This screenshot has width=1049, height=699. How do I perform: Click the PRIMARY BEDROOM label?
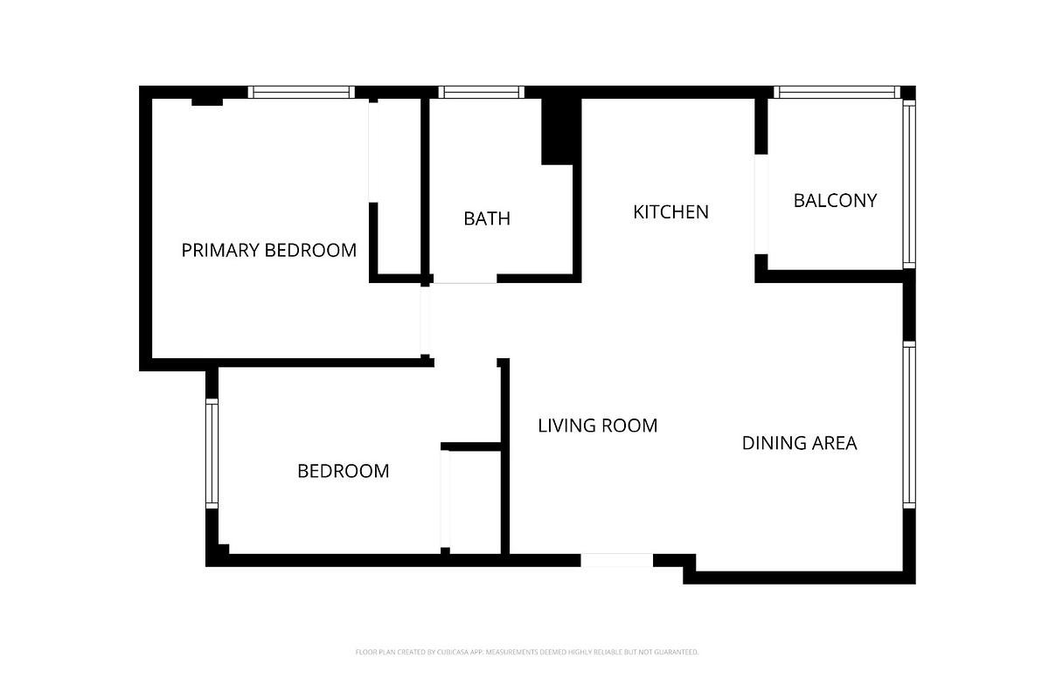(268, 251)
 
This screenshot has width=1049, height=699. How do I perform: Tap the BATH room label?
(486, 218)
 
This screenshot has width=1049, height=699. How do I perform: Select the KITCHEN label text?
(670, 212)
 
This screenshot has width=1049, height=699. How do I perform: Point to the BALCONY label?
(835, 200)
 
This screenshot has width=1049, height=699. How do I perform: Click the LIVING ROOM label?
(597, 426)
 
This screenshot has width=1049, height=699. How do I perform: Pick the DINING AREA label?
(799, 443)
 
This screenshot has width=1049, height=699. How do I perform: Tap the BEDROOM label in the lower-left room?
(343, 471)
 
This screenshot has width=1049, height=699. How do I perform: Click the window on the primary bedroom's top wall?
(301, 92)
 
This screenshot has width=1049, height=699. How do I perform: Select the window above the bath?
(482, 92)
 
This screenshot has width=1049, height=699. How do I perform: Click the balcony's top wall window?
(837, 92)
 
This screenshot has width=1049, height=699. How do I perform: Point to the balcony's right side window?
(909, 183)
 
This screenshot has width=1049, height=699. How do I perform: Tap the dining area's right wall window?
(909, 425)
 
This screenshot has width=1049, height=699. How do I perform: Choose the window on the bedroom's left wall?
(212, 453)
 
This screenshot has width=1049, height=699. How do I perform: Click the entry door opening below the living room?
(616, 560)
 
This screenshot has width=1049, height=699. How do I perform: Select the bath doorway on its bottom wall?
(465, 279)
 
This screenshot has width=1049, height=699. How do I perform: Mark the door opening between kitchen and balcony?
(761, 204)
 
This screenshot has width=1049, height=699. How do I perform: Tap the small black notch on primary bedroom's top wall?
(207, 101)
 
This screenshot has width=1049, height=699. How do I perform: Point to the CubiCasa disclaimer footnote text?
(526, 652)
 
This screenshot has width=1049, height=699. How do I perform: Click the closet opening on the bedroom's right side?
(445, 499)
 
